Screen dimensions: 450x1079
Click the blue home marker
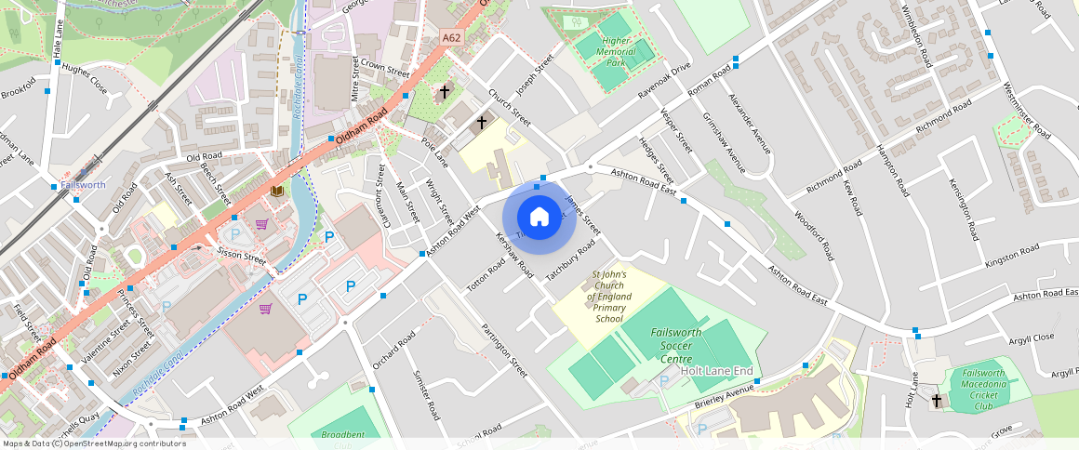[539, 217]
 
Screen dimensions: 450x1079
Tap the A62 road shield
[451, 37]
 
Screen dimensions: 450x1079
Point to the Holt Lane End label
[716, 370]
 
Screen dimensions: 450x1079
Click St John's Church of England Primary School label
[609, 297]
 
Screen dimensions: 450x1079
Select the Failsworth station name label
[83, 185]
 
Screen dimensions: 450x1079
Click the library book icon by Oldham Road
[276, 191]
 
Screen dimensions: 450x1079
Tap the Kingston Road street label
[1012, 256]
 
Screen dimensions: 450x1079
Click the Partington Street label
[504, 349]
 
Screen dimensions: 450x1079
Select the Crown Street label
[385, 70]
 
